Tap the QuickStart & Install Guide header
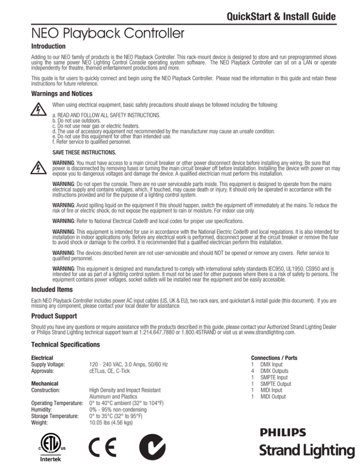280,17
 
